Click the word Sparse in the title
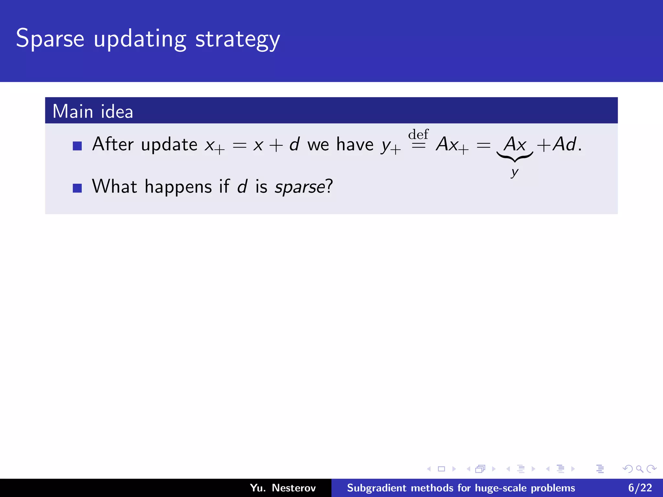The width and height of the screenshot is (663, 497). click(50, 39)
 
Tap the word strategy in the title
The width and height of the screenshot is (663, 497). click(238, 39)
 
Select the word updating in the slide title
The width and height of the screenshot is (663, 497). click(140, 39)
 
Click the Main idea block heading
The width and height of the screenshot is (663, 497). click(93, 111)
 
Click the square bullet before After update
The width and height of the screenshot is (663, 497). click(77, 146)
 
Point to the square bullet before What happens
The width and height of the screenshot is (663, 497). click(77, 188)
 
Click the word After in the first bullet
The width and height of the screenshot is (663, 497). click(113, 144)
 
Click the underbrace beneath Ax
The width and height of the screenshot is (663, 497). click(515, 157)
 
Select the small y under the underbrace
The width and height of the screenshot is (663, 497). click(515, 172)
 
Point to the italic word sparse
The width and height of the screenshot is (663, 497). click(300, 187)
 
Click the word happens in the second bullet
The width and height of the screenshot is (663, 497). click(178, 187)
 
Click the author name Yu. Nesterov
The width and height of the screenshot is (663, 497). click(283, 488)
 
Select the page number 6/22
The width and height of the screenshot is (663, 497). click(640, 488)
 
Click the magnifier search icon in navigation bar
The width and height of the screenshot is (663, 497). click(639, 469)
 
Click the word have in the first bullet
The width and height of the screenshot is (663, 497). click(355, 144)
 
